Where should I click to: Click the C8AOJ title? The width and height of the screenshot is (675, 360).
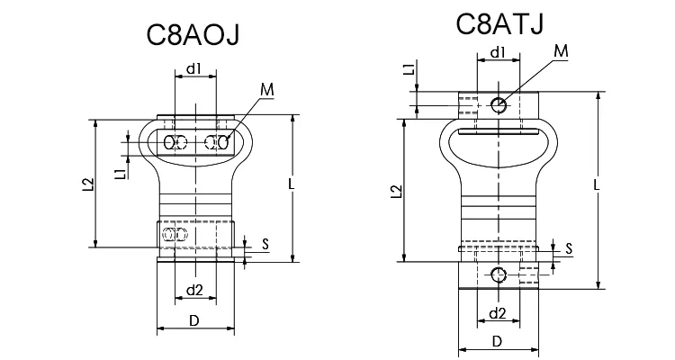click(x=195, y=36)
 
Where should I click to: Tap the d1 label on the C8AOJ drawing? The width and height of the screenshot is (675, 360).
click(x=194, y=67)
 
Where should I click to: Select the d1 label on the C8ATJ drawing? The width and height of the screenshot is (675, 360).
click(x=497, y=53)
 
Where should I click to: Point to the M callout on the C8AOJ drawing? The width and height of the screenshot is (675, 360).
click(x=266, y=90)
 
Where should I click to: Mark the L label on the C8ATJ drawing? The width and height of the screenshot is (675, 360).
click(x=598, y=184)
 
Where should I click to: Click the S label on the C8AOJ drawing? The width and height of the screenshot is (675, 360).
click(x=265, y=243)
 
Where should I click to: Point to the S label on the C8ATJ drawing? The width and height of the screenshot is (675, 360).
click(x=569, y=247)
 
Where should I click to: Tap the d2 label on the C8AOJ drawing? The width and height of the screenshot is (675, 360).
click(x=193, y=290)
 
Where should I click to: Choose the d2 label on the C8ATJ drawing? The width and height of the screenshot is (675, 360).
click(x=497, y=313)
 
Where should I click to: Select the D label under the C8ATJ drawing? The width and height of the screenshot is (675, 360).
click(x=497, y=341)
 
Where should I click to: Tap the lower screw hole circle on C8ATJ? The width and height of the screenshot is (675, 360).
click(x=499, y=274)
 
